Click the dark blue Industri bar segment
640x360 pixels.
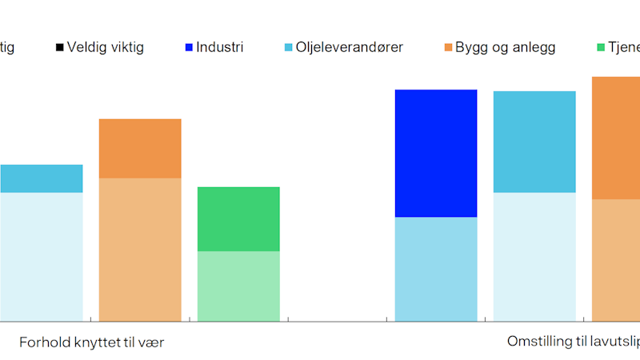tap(436, 153)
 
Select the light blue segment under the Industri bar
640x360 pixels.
tap(436, 269)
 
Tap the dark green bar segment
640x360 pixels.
tap(238, 218)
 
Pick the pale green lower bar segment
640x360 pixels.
tap(238, 286)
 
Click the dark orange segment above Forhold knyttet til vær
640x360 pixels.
tap(140, 148)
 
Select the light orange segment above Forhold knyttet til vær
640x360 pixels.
tap(140, 250)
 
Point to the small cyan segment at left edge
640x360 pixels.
tap(41, 178)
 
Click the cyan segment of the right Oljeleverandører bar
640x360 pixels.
tap(534, 142)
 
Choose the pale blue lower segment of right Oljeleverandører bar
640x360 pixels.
tap(534, 257)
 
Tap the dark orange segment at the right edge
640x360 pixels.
tap(616, 138)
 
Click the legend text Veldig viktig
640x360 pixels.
tap(106, 47)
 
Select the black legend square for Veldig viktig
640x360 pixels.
tap(60, 48)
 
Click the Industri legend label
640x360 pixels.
tap(220, 47)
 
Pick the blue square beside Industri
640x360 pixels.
tap(189, 48)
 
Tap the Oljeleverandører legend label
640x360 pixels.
tap(350, 47)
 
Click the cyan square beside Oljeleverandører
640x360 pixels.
tap(289, 48)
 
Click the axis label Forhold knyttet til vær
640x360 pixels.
tap(92, 342)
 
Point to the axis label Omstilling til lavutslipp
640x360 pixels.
tap(573, 342)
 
